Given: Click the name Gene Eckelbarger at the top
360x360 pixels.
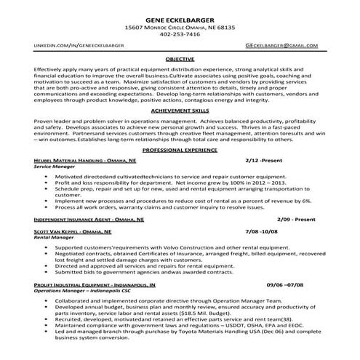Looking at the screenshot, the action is (x=180, y=17).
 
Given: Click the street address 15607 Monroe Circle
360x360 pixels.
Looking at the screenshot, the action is (x=158, y=27).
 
